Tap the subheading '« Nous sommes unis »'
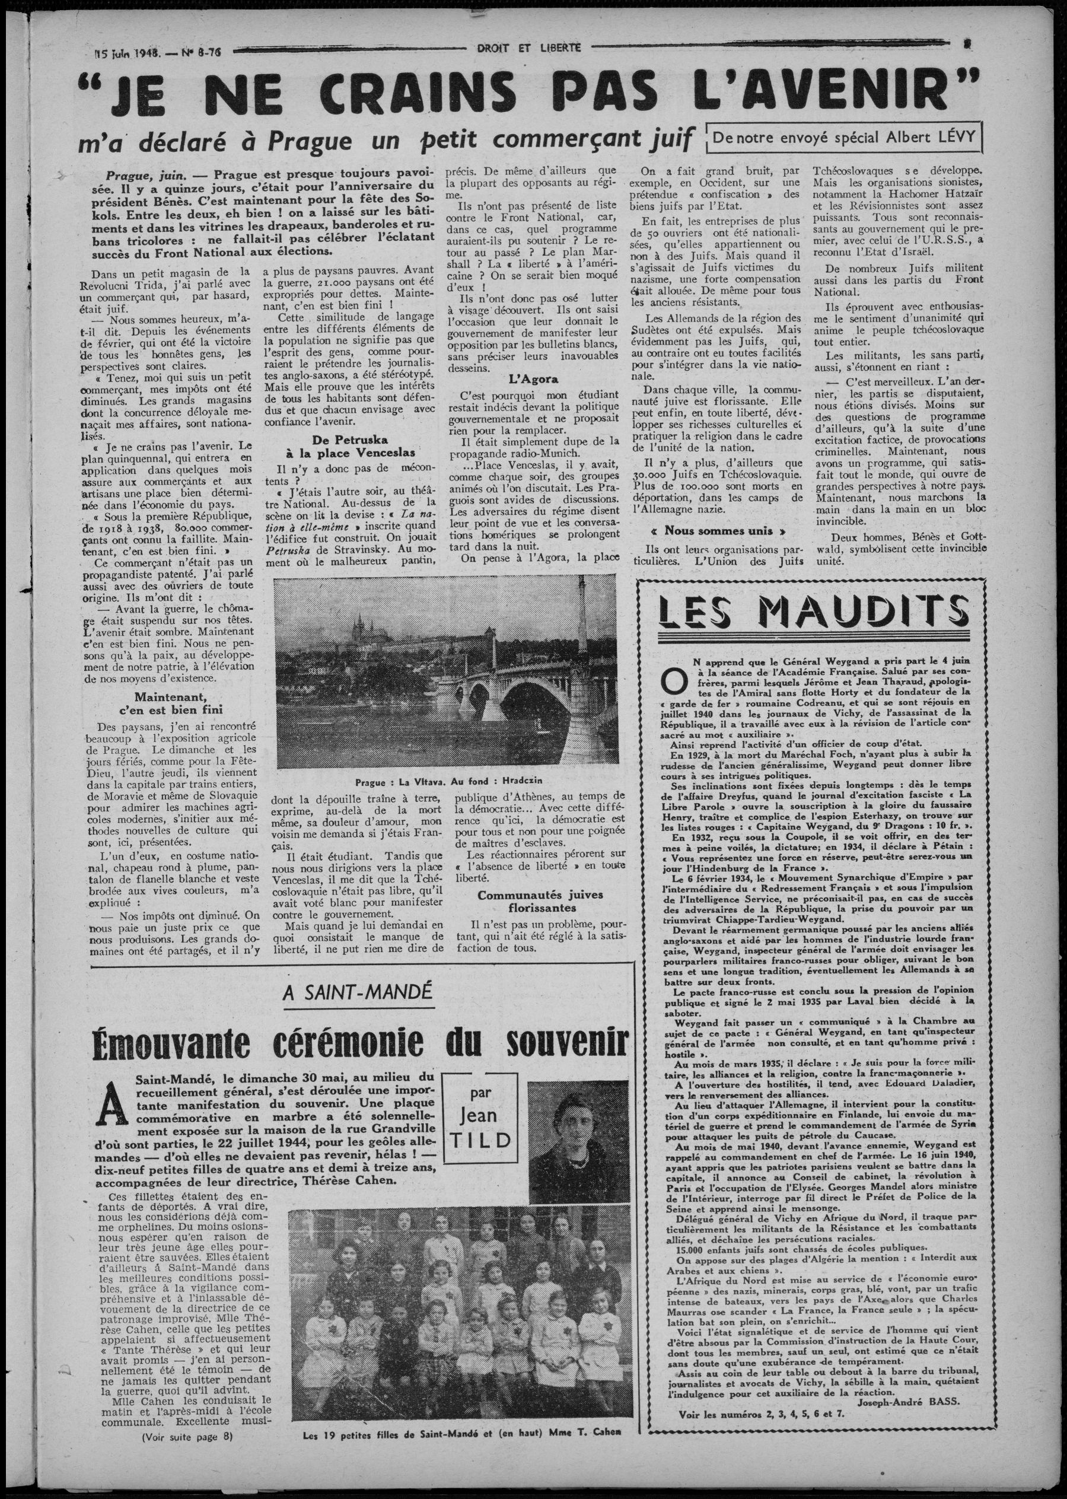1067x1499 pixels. pos(715,530)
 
